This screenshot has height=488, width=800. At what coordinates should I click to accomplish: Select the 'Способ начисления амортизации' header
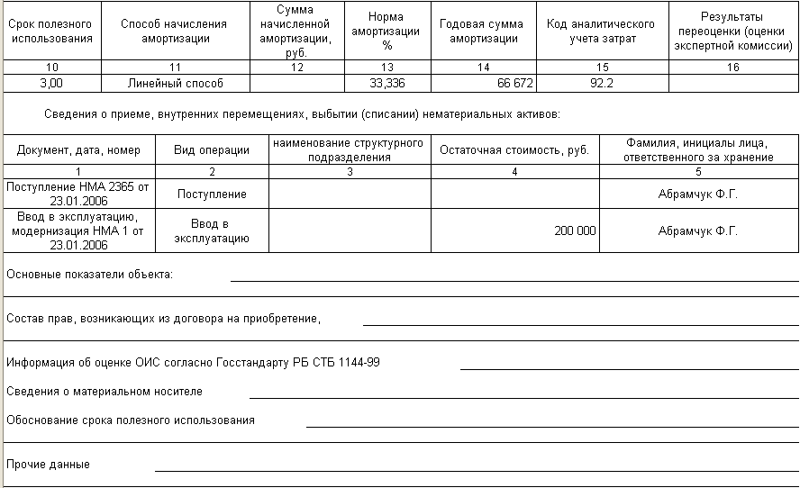tap(174, 32)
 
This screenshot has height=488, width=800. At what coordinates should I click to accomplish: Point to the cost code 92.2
tap(600, 84)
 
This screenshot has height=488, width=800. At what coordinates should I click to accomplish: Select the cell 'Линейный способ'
tap(175, 84)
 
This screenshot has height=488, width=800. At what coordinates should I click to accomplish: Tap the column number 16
tap(732, 68)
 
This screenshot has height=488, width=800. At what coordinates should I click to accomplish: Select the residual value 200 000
tap(575, 231)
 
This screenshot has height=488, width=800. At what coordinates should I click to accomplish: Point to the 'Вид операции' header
tap(211, 150)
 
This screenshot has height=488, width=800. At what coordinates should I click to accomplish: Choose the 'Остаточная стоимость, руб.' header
tap(514, 150)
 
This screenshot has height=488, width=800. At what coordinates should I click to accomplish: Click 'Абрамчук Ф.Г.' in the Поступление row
tap(697, 194)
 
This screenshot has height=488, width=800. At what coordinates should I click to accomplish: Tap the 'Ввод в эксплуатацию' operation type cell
tap(211, 231)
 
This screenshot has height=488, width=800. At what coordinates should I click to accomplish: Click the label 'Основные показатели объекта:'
tap(89, 274)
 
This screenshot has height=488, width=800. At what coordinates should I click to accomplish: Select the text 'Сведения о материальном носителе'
tap(105, 392)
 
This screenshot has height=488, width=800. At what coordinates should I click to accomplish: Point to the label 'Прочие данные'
tap(48, 465)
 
